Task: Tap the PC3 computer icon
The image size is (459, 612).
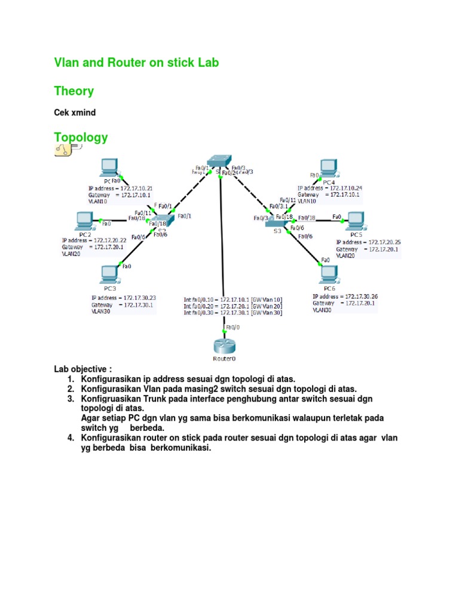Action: coord(109,274)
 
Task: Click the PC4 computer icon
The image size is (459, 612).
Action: coord(328,168)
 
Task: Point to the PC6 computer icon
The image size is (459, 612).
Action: coord(328,273)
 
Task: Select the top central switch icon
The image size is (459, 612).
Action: coord(219,161)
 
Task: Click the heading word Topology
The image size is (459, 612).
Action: coord(81,137)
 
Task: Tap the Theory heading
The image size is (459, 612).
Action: coord(74,91)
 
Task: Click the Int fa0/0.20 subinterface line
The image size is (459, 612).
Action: coord(233,305)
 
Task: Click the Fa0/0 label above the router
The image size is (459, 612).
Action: coord(232,327)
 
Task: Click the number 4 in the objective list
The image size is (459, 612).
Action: coord(70,437)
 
